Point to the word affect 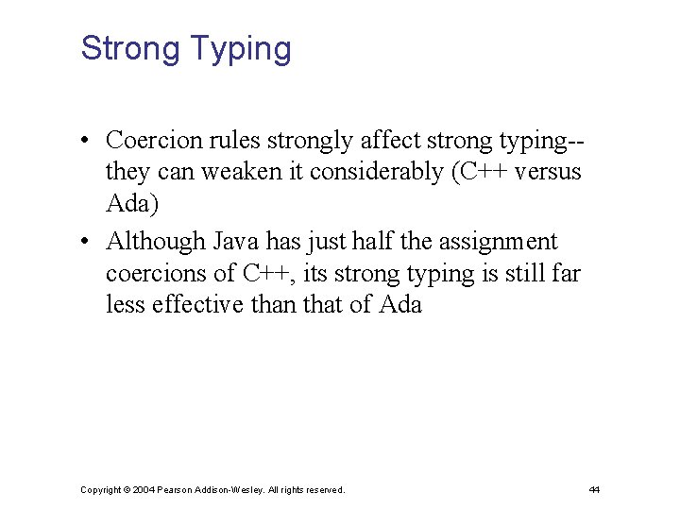(391, 141)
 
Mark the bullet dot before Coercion (85, 142)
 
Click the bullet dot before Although (85, 243)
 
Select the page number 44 (594, 490)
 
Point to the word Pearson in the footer (177, 490)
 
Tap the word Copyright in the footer (100, 490)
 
